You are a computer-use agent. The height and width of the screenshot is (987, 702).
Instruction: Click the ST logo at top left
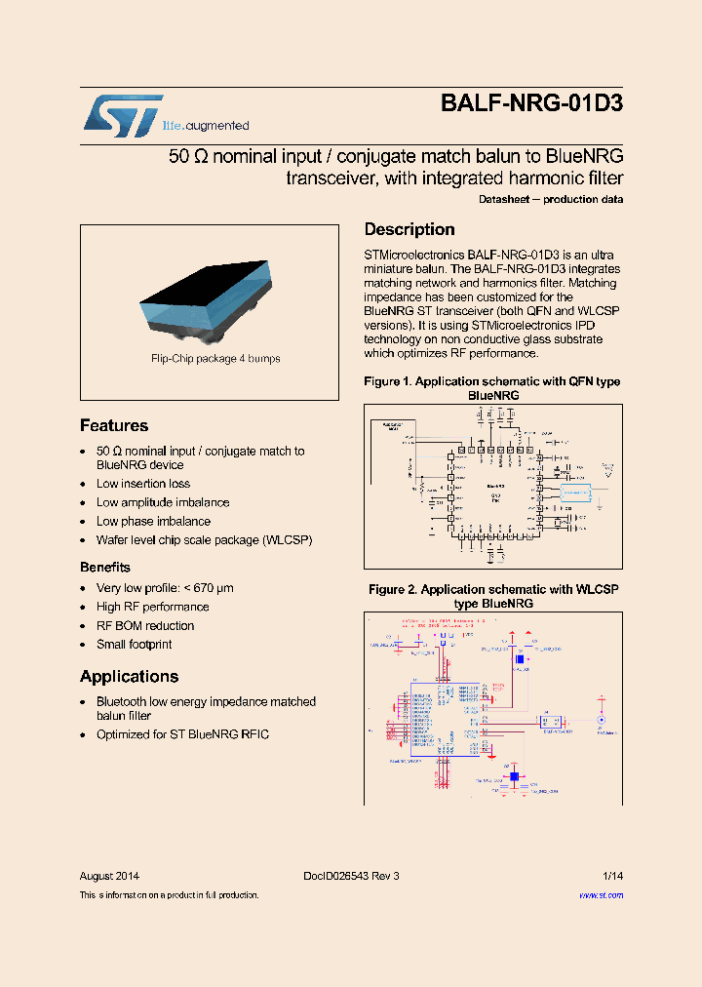tap(123, 116)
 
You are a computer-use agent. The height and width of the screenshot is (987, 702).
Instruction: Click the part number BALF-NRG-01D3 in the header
tap(531, 105)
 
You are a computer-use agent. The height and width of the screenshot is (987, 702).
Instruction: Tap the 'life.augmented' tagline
tap(211, 126)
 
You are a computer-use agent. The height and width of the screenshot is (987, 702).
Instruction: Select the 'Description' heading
tap(409, 229)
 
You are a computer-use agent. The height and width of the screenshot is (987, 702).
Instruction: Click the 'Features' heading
tap(114, 425)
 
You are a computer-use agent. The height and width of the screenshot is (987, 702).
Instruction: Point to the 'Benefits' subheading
tap(105, 567)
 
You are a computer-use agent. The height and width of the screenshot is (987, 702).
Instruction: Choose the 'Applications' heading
tap(129, 676)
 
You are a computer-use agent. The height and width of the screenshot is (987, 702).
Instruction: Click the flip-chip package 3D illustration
tap(214, 296)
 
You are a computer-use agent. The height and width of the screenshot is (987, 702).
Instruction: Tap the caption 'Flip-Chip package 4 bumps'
tap(215, 359)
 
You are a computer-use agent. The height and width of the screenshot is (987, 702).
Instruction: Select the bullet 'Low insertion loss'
tap(143, 484)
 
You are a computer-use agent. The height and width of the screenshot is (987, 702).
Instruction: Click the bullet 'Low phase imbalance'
tap(153, 521)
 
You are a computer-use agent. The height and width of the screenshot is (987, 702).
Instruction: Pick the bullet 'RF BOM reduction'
tap(145, 625)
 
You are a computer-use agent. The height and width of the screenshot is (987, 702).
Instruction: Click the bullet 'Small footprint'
tap(134, 644)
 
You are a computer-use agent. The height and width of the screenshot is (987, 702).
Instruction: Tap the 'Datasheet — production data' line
tap(551, 199)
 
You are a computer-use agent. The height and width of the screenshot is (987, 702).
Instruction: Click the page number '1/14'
tap(612, 876)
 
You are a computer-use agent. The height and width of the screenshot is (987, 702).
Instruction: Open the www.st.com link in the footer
tap(601, 894)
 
